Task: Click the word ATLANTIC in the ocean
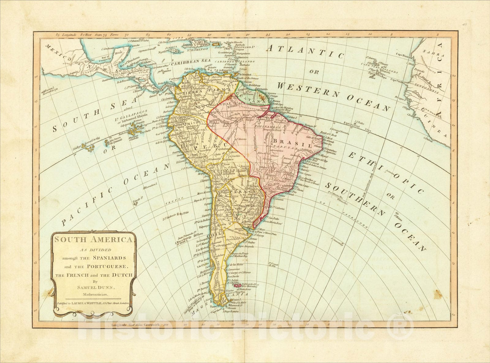304,51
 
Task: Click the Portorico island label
215,42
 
